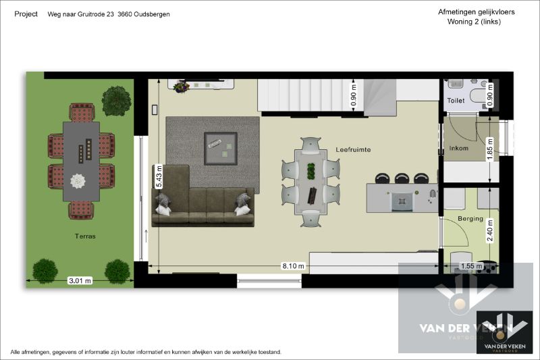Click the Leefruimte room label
pos(354,149)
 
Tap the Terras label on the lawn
pos(86,236)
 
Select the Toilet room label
pos(456,101)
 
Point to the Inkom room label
pos(458,149)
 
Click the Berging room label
pos(470,219)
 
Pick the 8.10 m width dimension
pos(293,266)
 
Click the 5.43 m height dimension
pos(159,178)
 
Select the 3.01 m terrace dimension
pos(80,281)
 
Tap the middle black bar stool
pos(402,178)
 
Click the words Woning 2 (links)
pos(474,22)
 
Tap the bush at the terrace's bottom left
pos(45,271)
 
